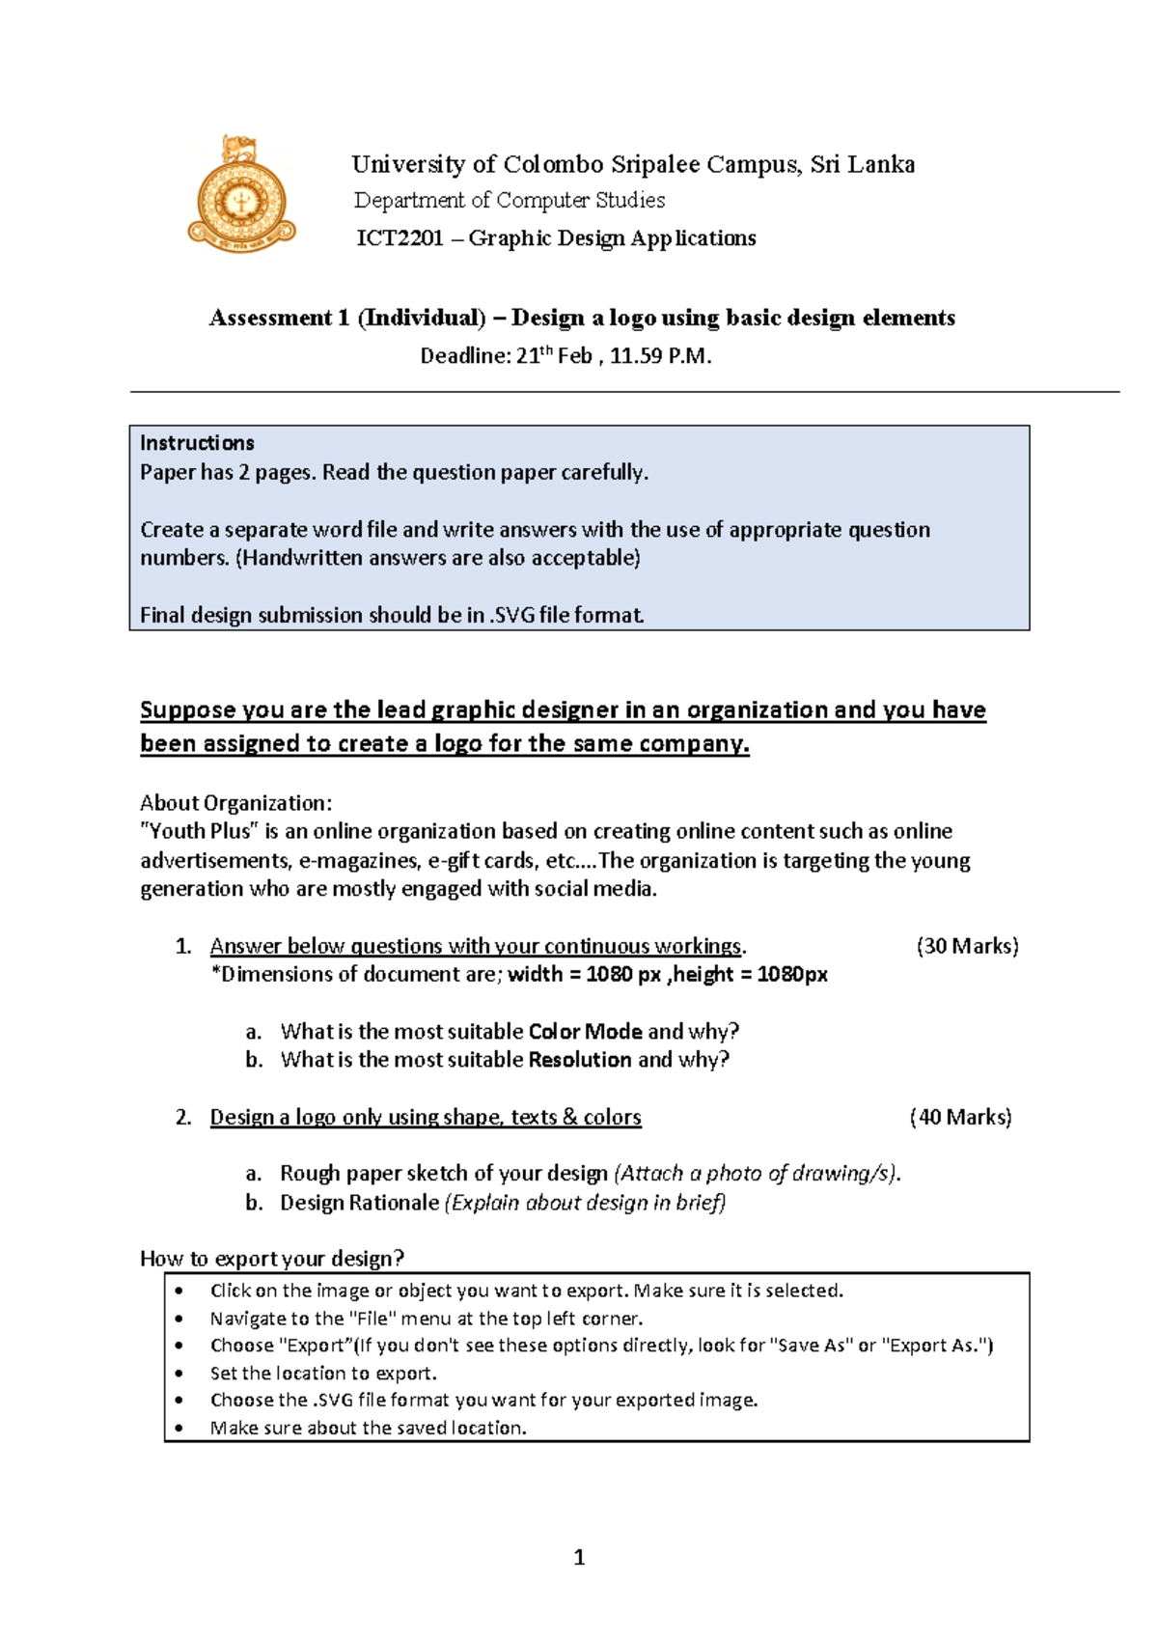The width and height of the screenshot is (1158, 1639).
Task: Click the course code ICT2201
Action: [400, 238]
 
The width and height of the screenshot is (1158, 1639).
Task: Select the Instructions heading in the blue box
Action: [197, 443]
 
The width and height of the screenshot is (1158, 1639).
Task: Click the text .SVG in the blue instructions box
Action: [512, 615]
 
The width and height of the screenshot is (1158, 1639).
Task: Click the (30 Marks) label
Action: [967, 946]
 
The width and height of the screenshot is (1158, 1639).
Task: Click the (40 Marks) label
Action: [960, 1117]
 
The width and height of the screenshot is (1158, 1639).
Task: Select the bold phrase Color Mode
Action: [585, 1031]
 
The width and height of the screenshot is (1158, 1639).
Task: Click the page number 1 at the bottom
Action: [579, 1557]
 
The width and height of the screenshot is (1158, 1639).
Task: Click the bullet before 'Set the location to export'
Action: [179, 1374]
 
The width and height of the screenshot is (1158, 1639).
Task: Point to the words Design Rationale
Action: [359, 1203]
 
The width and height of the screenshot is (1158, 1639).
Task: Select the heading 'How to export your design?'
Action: [272, 1259]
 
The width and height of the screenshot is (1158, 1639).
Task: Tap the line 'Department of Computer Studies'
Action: [510, 201]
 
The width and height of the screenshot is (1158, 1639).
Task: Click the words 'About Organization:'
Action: [235, 803]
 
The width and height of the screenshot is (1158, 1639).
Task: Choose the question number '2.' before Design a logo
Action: [183, 1118]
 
